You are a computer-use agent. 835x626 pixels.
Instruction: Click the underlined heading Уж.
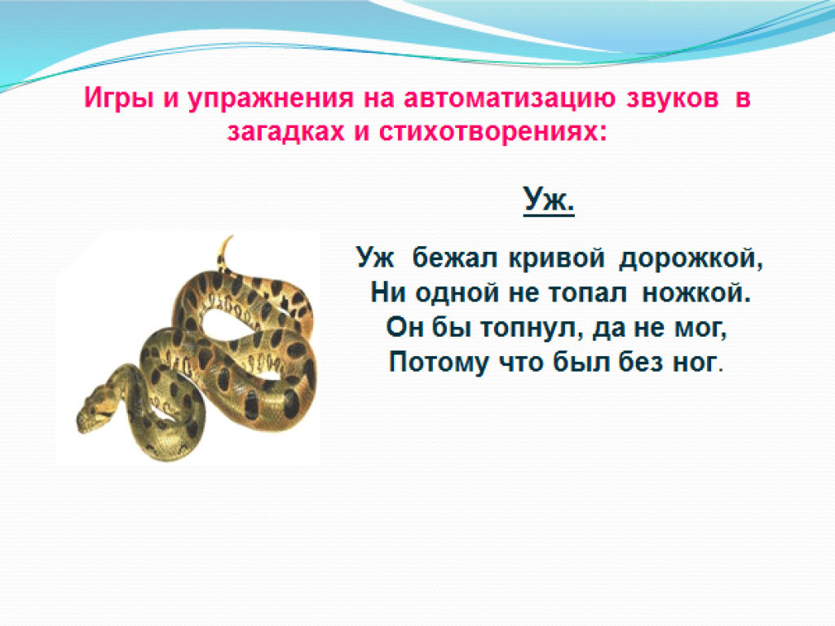coord(549,200)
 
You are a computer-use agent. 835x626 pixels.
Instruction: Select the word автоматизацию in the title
coord(510,99)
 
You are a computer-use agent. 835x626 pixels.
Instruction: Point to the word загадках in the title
coord(285,131)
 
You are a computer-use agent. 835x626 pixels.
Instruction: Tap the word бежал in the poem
coord(455,258)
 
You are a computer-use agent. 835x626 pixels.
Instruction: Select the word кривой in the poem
coord(557,258)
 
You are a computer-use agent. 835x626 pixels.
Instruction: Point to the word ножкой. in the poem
coord(696,293)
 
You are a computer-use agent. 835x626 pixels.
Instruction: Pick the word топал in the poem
coord(587,293)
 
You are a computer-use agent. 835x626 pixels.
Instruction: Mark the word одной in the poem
coord(458,293)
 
